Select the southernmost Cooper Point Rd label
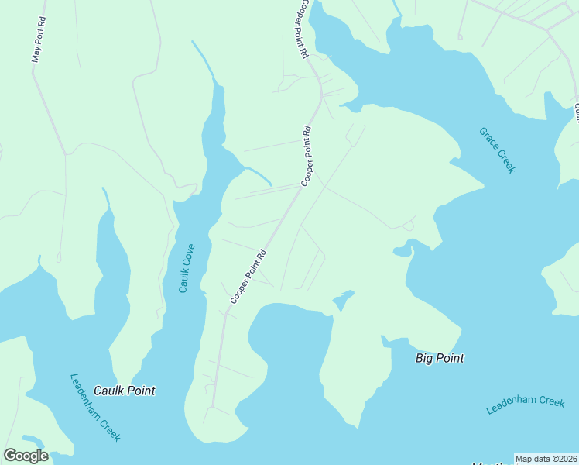pyautogui.click(x=248, y=276)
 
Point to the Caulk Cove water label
pyautogui.click(x=186, y=269)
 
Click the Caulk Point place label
pyautogui.click(x=124, y=391)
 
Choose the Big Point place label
pyautogui.click(x=440, y=358)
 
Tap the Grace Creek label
pyautogui.click(x=496, y=150)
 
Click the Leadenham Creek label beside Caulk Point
pyautogui.click(x=95, y=408)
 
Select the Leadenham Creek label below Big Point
pyautogui.click(x=526, y=405)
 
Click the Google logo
pyautogui.click(x=26, y=456)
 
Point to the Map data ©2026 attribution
pyautogui.click(x=546, y=459)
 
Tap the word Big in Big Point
pyautogui.click(x=425, y=358)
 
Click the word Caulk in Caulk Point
pyautogui.click(x=108, y=391)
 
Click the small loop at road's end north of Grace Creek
pyautogui.click(x=460, y=36)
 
